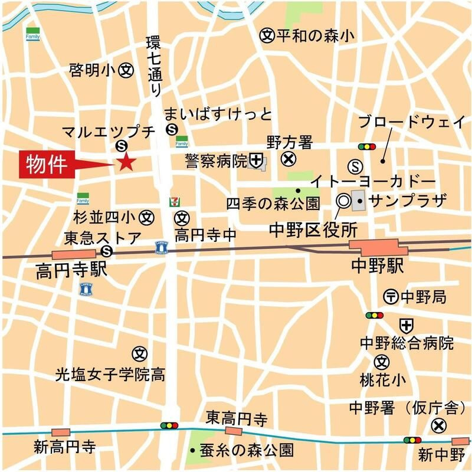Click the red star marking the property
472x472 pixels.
pos(126,162)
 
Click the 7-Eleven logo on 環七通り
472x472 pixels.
pos(173,201)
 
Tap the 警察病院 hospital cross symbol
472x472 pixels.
pos(255,159)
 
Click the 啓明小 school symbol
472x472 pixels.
pos(126,70)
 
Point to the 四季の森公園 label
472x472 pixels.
pos(273,204)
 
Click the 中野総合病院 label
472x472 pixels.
pos(407,343)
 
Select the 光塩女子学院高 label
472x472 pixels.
pos(110,373)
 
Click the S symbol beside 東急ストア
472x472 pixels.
pos(107,252)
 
